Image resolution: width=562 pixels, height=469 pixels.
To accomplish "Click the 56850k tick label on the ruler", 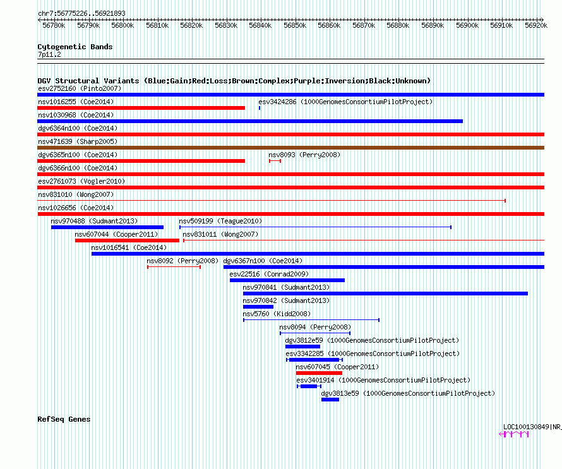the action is [295, 25].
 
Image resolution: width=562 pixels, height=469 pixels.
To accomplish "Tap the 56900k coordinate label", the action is [467, 25].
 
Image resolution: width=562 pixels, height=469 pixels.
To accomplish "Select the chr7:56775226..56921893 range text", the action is [81, 14].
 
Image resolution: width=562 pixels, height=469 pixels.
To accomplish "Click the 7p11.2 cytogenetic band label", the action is [49, 54].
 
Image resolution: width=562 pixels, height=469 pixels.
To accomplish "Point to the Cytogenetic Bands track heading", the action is [75, 47].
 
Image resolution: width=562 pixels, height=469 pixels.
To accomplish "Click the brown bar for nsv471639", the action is [290, 148].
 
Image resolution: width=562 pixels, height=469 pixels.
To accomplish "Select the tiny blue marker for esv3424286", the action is [260, 108].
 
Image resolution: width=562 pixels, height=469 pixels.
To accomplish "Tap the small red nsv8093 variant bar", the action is [275, 161].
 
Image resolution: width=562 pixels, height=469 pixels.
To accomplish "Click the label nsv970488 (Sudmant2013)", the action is [94, 221].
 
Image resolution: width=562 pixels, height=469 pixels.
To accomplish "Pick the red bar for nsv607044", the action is [127, 240].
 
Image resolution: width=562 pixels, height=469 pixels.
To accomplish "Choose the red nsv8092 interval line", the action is [174, 267].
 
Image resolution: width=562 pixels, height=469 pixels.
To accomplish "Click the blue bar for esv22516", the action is [287, 280].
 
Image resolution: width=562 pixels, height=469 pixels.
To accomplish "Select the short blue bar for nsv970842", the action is [258, 307].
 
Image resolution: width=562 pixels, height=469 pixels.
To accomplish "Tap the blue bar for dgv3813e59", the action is [330, 400].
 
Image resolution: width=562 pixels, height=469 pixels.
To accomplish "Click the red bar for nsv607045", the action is [319, 373].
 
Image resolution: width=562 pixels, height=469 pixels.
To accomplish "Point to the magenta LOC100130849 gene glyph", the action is [514, 434].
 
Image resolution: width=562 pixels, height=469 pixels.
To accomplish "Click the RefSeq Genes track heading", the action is [64, 419].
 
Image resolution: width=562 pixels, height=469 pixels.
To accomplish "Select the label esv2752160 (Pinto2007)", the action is [80, 88].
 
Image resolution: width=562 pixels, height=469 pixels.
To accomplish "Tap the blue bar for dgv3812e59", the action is [302, 347].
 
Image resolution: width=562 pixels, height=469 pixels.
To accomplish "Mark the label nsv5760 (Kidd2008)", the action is [277, 314].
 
